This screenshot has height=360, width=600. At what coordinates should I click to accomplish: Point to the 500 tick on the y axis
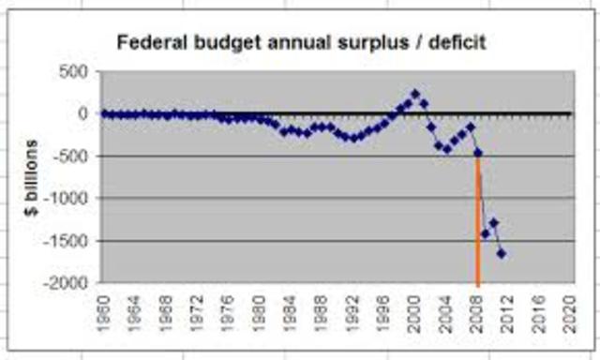point(75,71)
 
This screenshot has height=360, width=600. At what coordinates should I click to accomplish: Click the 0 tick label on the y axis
point(83,113)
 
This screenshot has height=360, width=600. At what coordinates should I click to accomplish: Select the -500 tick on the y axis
point(72,156)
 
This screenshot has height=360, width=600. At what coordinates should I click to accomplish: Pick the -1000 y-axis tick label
point(68,199)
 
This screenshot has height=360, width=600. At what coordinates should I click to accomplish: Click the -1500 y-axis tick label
point(68,241)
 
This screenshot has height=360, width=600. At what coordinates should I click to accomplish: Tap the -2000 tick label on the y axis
point(68,283)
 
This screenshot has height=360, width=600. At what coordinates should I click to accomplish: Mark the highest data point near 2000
point(414,93)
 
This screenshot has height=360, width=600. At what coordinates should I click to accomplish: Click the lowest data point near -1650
point(502,253)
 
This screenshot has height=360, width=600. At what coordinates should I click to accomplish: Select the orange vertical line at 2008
point(478,225)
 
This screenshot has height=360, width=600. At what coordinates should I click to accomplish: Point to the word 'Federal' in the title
point(147,43)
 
